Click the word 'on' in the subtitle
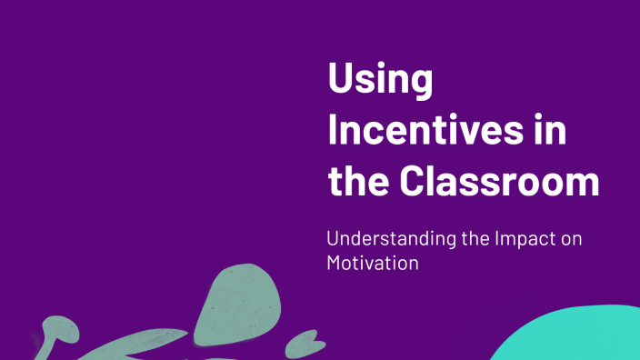[570, 241]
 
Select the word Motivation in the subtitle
[373, 263]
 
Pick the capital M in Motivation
[335, 263]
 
